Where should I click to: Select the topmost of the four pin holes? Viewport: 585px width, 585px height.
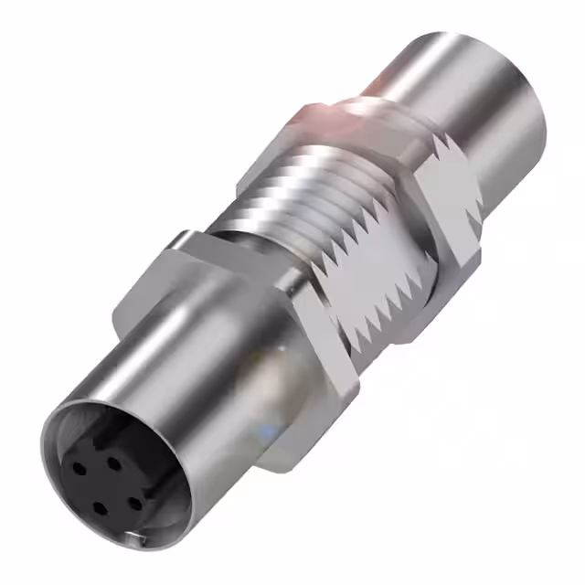(x=114, y=462)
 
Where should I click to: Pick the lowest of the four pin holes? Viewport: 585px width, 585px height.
(x=98, y=508)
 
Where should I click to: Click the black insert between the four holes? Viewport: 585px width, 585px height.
(x=107, y=484)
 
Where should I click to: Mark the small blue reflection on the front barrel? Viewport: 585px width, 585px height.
(x=277, y=428)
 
